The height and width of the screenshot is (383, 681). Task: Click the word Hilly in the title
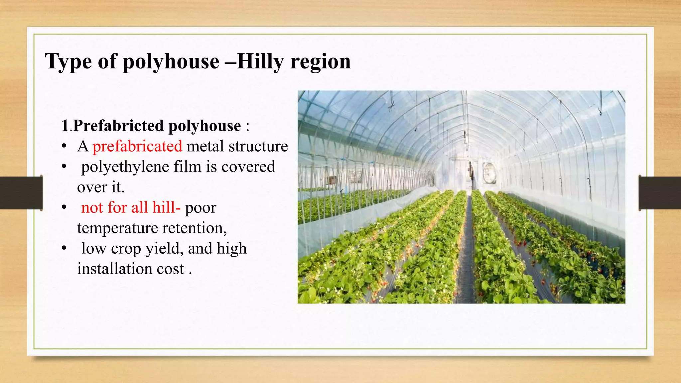pos(260,62)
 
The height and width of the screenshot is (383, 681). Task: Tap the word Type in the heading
pos(68,62)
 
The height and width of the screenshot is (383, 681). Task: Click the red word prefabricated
pos(137,146)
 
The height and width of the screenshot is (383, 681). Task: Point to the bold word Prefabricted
pos(118,126)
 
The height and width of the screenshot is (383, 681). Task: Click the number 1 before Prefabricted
pos(65,126)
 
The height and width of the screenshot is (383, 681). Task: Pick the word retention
pos(194,228)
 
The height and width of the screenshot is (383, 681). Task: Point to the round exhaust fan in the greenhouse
pos(489,173)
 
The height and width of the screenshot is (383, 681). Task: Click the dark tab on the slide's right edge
pos(660,192)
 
